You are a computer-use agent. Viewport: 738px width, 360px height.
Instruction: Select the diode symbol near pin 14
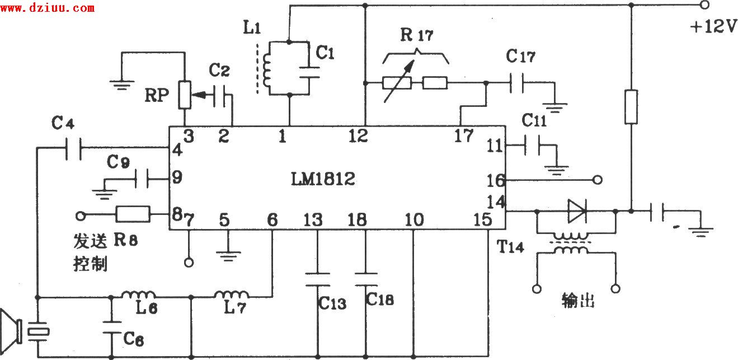[576, 212]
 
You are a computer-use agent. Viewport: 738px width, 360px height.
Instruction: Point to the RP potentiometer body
[184, 96]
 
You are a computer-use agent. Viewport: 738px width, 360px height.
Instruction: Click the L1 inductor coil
[267, 68]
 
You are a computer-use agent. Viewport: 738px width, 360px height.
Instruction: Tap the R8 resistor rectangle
[133, 214]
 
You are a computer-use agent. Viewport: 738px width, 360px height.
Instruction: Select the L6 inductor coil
[139, 295]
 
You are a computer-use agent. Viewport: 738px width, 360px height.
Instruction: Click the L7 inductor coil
[232, 295]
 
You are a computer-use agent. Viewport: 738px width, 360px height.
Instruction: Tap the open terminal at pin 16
[598, 180]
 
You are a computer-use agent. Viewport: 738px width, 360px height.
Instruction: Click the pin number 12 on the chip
[358, 136]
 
